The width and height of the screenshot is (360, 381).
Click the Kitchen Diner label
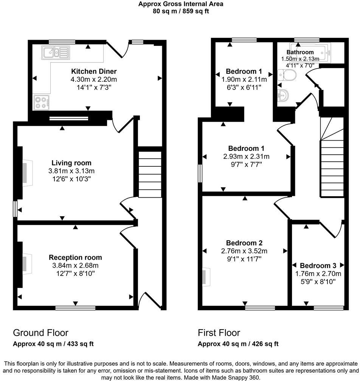point(94,71)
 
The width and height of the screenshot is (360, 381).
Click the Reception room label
point(75,257)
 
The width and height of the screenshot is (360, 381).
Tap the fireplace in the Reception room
point(25,263)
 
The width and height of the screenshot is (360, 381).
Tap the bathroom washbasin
point(283,96)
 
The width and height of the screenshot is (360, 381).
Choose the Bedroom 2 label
point(244,243)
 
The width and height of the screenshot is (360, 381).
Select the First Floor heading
point(219,333)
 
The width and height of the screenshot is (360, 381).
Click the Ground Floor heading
point(40,333)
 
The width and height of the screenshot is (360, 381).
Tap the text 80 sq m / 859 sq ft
point(180,11)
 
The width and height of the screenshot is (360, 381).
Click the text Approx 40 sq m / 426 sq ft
point(238,344)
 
